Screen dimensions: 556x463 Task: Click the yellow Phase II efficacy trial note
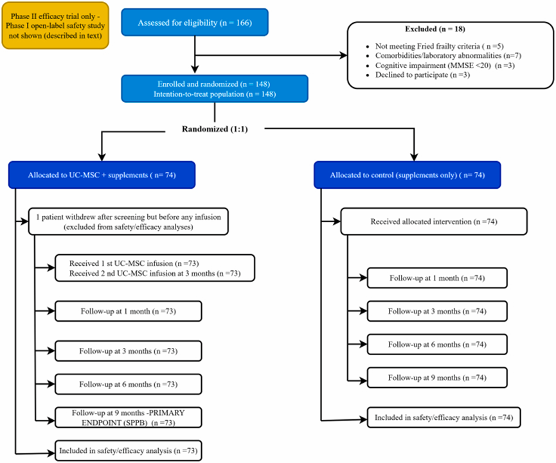tap(55, 26)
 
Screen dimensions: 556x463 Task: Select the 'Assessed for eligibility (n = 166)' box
tap(195, 22)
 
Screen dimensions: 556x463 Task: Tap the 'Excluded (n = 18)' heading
tap(435, 29)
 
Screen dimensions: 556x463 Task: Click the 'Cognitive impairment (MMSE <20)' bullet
tap(440, 66)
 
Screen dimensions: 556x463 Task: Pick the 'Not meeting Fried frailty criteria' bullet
tap(435, 46)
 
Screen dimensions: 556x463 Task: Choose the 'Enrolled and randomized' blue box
tap(215, 89)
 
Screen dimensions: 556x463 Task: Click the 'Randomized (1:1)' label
tap(215, 129)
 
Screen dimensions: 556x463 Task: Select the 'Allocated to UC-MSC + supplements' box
tap(102, 175)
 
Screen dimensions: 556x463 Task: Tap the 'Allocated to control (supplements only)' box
tap(408, 175)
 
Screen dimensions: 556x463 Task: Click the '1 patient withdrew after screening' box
tap(129, 222)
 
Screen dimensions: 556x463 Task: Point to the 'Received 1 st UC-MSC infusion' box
tap(155, 268)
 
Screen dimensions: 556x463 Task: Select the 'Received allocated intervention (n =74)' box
tap(434, 222)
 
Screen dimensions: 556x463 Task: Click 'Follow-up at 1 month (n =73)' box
tap(129, 311)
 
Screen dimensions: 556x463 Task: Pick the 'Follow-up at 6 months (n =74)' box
tap(437, 344)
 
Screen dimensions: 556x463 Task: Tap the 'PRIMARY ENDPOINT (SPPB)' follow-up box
tap(129, 417)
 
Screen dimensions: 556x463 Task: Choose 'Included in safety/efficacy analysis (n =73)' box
tap(129, 451)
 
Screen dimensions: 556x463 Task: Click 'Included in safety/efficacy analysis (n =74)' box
tap(444, 417)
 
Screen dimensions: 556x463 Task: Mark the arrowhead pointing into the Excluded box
tap(344, 55)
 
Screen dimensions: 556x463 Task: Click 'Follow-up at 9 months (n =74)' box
tap(437, 378)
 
